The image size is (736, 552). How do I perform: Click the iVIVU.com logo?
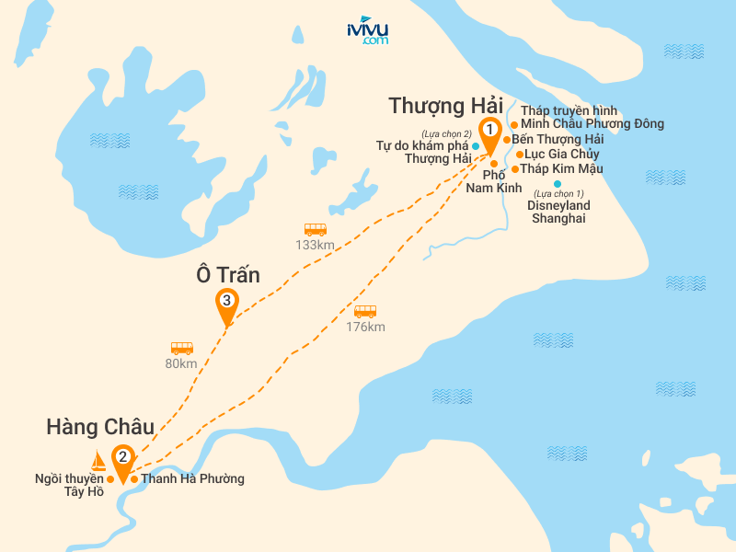[368, 30]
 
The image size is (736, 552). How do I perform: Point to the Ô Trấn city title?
[228, 274]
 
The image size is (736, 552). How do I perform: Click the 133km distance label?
[315, 245]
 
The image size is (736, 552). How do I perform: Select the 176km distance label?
[365, 327]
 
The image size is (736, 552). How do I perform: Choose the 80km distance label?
[181, 363]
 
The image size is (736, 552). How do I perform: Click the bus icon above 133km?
[316, 229]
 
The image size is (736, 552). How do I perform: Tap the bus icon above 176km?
[365, 311]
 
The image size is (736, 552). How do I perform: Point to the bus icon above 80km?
[182, 348]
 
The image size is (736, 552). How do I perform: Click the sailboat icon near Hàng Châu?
[98, 460]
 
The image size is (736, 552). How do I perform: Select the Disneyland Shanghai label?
[558, 212]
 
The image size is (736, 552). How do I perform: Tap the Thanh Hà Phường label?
[192, 479]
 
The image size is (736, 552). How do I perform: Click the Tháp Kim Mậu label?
[562, 168]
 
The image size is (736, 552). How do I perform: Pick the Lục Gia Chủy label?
[564, 154]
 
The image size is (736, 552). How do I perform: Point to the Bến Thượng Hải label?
[557, 139]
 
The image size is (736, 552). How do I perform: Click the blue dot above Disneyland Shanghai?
[558, 185]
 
